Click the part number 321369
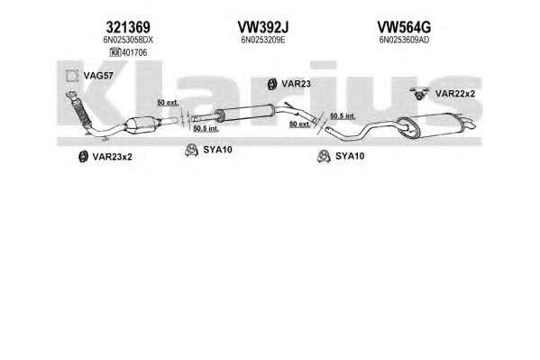click(x=128, y=27)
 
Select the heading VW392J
click(x=262, y=27)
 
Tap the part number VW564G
click(x=404, y=27)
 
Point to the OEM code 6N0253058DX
click(x=128, y=40)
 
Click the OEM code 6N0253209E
click(x=262, y=40)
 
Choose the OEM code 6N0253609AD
click(x=404, y=40)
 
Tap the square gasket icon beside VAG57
click(x=72, y=76)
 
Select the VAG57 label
click(x=98, y=76)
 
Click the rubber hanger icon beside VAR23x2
click(x=83, y=157)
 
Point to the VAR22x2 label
click(x=455, y=94)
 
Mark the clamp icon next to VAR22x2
click(x=419, y=94)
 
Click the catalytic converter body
click(x=142, y=125)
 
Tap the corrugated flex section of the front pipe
click(x=82, y=112)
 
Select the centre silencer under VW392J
click(x=244, y=113)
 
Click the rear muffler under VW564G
click(x=432, y=125)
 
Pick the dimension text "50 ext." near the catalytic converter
click(x=168, y=103)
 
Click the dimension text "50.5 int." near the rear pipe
click(x=343, y=116)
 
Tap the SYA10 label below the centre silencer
click(x=217, y=150)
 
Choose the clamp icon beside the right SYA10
click(x=324, y=156)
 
